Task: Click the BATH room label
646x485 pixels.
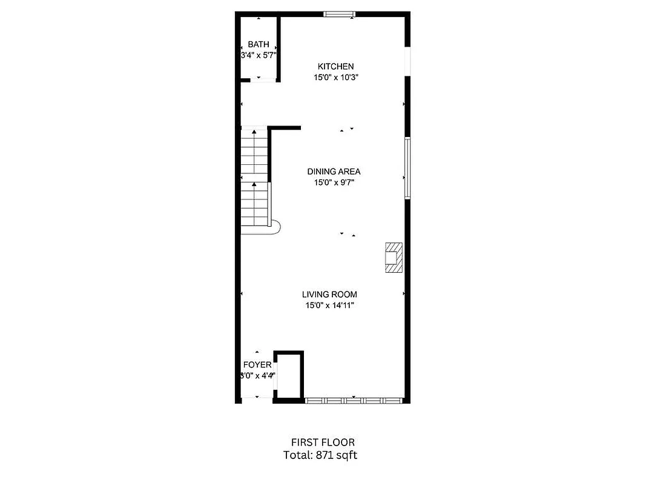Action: point(259,44)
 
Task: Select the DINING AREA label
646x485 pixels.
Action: point(334,172)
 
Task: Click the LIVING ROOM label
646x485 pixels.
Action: point(329,295)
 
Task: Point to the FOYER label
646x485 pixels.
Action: point(257,365)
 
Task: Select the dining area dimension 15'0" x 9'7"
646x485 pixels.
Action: point(334,182)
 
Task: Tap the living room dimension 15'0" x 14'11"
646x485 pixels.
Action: point(329,306)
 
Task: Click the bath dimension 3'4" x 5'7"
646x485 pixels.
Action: point(259,55)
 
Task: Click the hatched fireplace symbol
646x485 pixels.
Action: point(394,258)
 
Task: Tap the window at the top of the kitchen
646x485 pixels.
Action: point(338,14)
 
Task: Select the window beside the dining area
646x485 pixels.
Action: point(407,168)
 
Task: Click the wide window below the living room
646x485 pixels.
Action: point(353,400)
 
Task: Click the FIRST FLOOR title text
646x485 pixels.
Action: point(323,443)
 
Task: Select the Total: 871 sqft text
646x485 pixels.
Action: point(320,455)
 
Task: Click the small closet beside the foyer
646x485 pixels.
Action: point(288,376)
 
